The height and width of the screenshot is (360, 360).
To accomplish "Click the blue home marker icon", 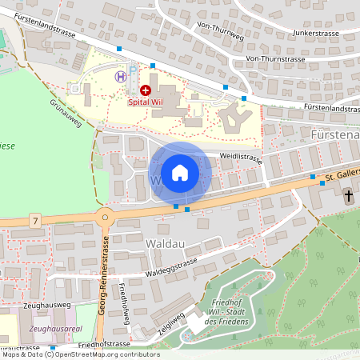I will [180, 173].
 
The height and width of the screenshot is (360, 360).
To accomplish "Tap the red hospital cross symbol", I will [146, 91].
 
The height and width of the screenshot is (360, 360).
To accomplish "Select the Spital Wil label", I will [145, 102].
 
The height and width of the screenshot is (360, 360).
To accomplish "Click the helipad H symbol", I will [120, 76].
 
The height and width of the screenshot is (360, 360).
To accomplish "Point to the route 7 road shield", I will [34, 218].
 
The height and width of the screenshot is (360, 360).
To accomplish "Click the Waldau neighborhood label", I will [144, 241].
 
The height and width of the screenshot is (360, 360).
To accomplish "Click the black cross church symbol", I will [349, 194].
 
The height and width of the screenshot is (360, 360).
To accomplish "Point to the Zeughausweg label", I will [49, 306].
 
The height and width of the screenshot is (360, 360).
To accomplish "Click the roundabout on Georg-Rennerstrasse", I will [104, 217].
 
